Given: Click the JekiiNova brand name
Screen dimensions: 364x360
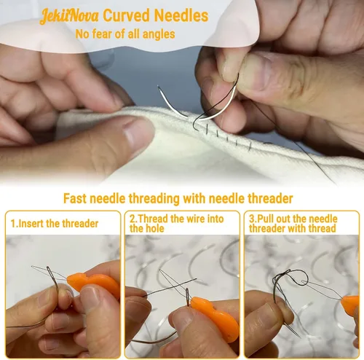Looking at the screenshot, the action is [69, 17].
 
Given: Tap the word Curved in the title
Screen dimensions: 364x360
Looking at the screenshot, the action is [127, 15].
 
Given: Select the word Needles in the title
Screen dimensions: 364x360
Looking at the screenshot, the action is [181, 15].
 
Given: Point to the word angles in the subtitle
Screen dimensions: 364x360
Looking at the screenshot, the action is [159, 34].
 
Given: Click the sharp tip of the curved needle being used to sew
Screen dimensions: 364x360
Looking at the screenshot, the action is [158, 86].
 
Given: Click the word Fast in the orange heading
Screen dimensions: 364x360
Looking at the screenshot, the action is [75, 198].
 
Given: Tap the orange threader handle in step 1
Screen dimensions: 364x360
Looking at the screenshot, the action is [93, 283].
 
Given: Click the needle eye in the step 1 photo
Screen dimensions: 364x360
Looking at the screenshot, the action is [49, 270].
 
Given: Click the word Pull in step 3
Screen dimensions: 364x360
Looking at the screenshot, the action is [264, 219].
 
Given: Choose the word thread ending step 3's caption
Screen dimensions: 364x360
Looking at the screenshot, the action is [323, 229].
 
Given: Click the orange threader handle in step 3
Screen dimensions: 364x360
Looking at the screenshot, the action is [349, 305].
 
